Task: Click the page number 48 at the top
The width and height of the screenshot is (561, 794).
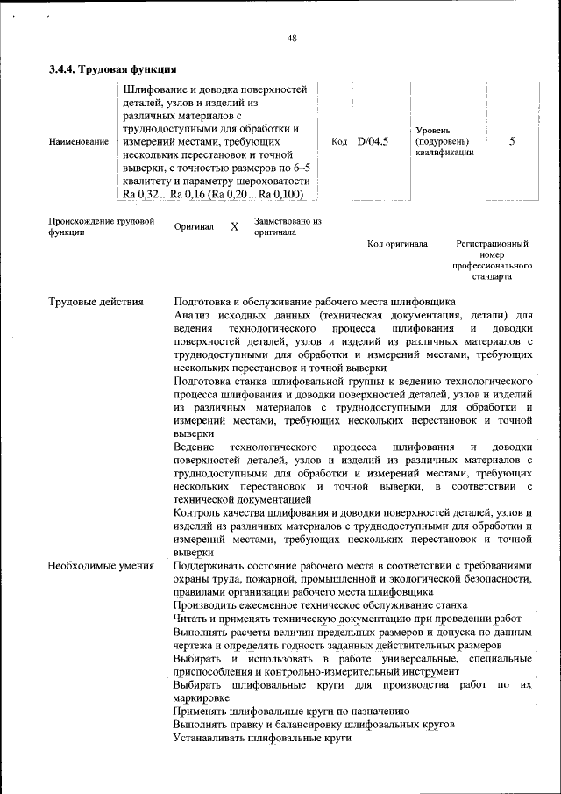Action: click(292, 38)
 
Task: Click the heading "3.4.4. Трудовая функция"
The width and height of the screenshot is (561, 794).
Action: click(114, 69)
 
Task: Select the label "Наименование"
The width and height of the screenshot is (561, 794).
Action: click(79, 141)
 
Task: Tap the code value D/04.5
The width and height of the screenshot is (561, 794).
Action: click(373, 140)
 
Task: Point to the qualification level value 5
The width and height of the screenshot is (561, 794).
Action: click(512, 140)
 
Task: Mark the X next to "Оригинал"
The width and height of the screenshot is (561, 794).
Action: click(234, 227)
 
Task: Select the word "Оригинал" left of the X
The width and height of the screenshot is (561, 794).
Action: click(194, 227)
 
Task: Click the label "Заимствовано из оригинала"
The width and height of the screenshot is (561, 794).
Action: click(288, 227)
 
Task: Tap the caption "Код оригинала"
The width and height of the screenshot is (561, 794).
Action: click(397, 243)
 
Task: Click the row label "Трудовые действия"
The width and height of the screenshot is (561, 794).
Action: click(96, 302)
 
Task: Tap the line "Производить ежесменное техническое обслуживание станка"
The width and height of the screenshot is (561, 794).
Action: click(320, 605)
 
